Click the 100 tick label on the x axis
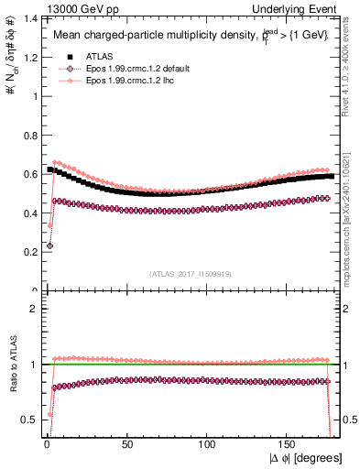(207, 442)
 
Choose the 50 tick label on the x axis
(126, 442)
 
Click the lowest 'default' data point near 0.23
(49, 245)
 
